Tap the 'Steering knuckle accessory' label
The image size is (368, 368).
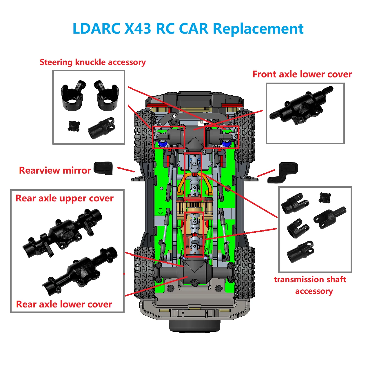click(93, 62)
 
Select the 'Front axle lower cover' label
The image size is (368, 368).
click(302, 74)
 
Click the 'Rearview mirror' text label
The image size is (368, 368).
click(55, 170)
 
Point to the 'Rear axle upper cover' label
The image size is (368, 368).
click(64, 198)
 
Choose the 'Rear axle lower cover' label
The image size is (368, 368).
click(64, 304)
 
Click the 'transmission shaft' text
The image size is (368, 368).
click(310, 280)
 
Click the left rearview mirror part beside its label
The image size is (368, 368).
click(103, 168)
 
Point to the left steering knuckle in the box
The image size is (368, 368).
click(72, 96)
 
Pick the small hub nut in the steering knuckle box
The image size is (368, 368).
click(74, 126)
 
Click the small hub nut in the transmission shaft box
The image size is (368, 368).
click(325, 197)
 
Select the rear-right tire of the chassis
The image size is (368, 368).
click(245, 272)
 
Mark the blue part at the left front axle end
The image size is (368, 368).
click(162, 144)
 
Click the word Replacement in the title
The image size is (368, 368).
click(258, 29)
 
